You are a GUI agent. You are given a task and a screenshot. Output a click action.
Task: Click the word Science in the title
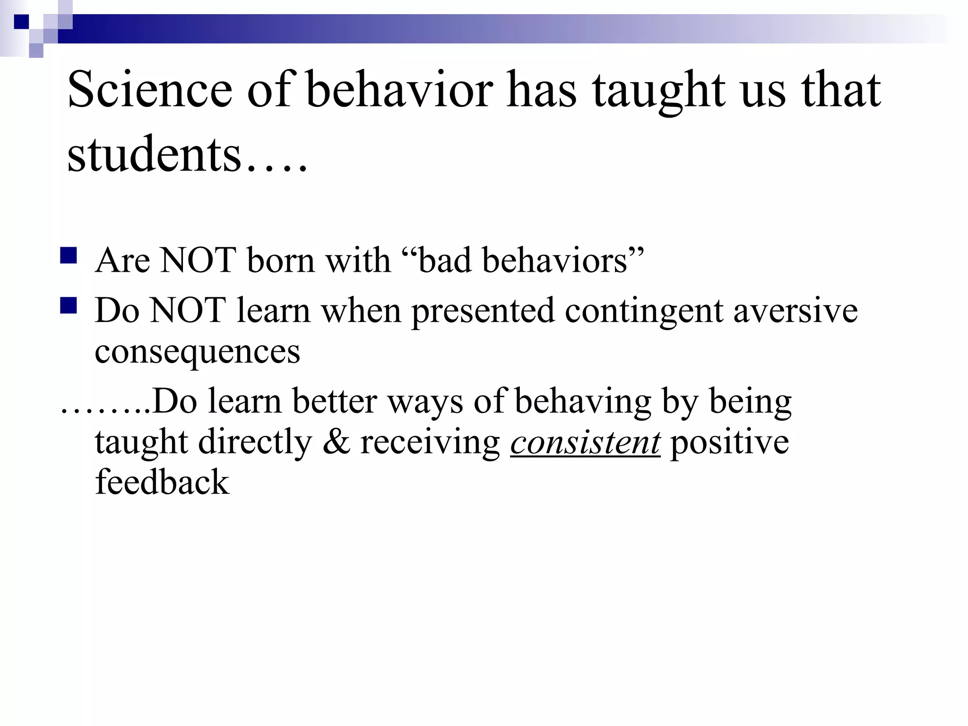tap(150, 90)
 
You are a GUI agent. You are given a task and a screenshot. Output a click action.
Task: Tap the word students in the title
tap(155, 154)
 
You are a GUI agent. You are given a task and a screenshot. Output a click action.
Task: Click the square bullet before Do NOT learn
tap(69, 306)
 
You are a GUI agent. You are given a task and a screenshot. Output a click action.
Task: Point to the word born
tap(281, 260)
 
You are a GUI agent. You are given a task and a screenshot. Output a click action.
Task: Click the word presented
tap(483, 311)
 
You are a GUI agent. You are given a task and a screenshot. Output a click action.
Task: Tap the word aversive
tap(795, 311)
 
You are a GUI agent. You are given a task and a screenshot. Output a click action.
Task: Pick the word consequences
tap(197, 352)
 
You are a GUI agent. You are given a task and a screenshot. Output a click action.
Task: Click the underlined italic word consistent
tap(585, 443)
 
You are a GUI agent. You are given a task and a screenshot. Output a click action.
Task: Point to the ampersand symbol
tap(337, 443)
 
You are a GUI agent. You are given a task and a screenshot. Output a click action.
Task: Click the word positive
tap(730, 443)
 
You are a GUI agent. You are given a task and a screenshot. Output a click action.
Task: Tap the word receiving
tap(430, 443)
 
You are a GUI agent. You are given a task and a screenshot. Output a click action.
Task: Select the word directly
tap(255, 443)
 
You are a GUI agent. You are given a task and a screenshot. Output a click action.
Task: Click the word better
tap(335, 401)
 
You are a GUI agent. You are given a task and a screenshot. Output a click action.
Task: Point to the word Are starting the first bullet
tap(122, 260)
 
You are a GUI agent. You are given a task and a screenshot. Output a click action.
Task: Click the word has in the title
tap(542, 90)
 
